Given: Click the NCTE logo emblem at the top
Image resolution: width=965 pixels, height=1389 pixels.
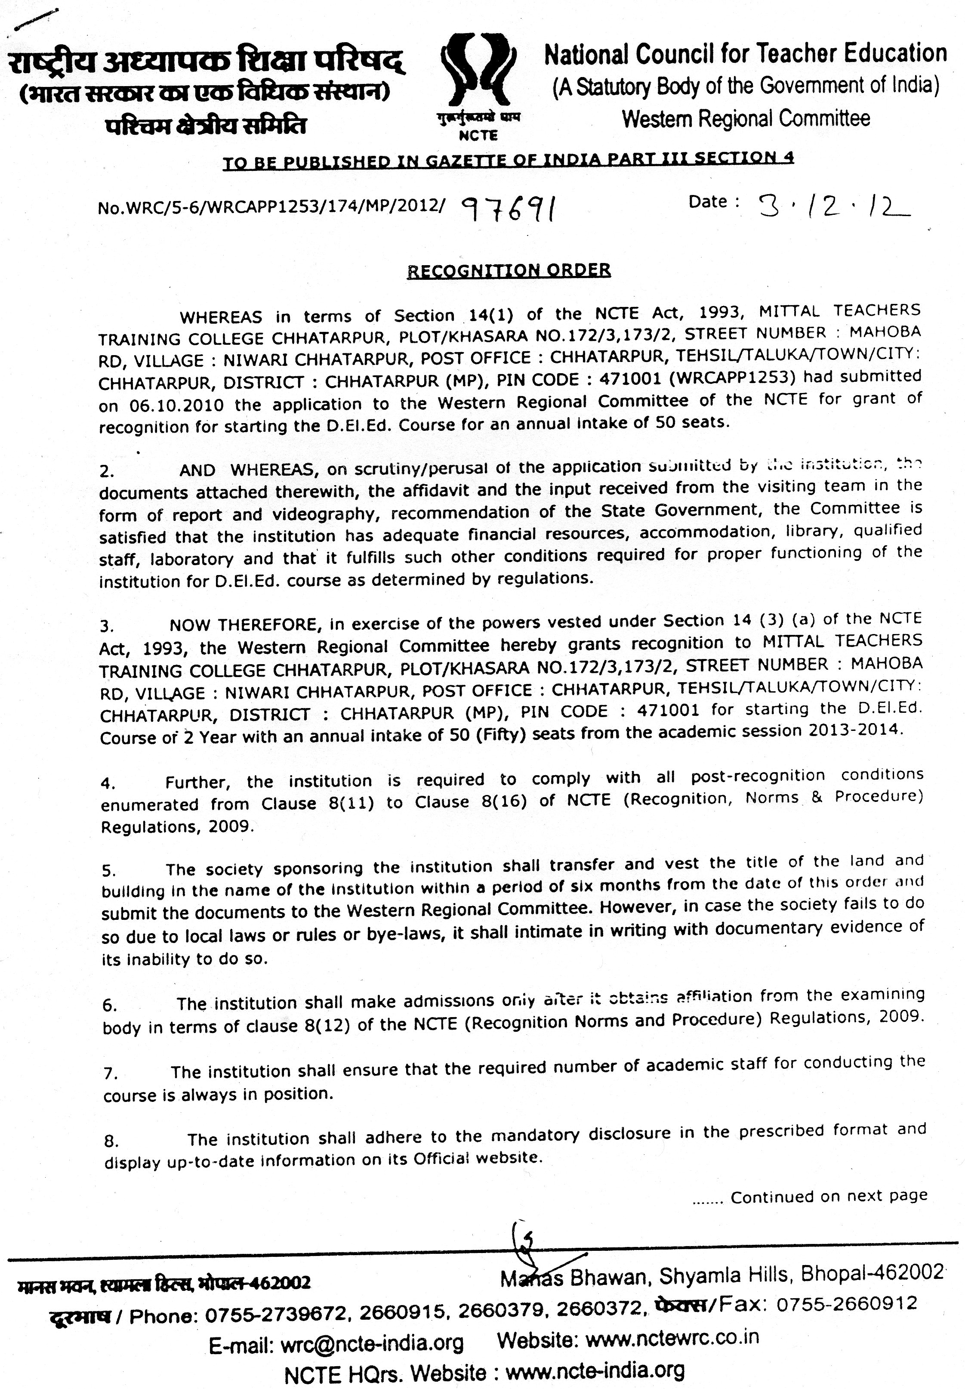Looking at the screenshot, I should tap(478, 76).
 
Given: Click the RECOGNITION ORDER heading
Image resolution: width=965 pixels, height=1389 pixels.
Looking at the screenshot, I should tap(509, 270).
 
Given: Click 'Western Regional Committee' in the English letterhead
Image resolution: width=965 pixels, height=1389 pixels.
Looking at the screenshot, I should tap(746, 118).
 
